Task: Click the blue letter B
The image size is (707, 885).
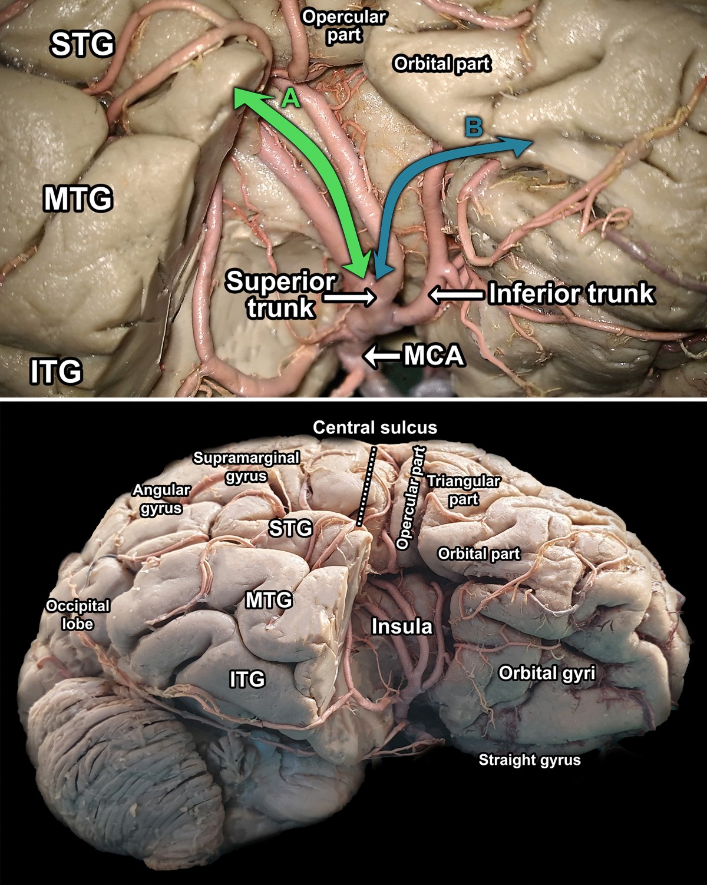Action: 474,127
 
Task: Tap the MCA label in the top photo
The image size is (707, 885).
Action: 434,356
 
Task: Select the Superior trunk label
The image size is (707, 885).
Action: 280,294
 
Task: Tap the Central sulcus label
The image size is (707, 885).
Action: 375,427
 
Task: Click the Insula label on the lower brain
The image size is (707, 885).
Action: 402,627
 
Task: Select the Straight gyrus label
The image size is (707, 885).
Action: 529,760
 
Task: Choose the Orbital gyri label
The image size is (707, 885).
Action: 547,672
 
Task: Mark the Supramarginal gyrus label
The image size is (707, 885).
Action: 246,466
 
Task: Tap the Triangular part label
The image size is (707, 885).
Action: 463,490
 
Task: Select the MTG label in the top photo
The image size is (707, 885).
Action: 78,199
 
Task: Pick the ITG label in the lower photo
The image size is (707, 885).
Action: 247,680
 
